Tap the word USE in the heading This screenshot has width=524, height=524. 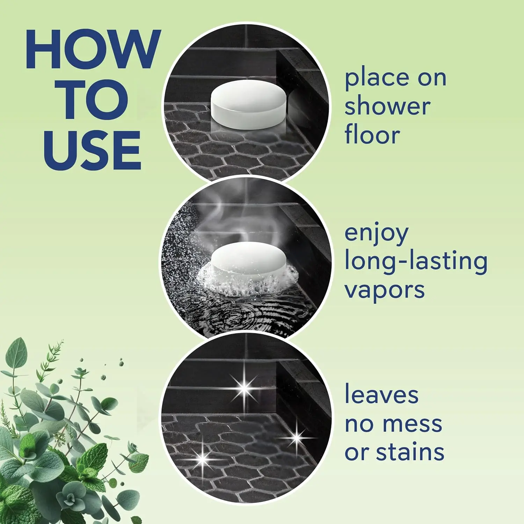pos(93,150)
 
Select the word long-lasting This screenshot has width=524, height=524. pos(416,262)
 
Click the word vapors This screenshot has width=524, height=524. pos(384,291)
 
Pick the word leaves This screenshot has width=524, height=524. pos(381,395)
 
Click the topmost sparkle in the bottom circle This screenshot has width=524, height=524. pos(245,387)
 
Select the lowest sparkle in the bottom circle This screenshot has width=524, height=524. pos(203,456)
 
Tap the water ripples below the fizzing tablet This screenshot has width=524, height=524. pos(245,314)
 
